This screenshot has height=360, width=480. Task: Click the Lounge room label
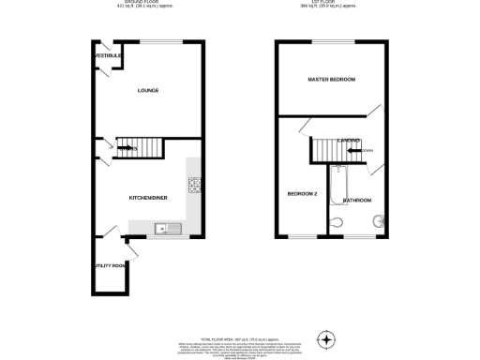[x=147, y=91]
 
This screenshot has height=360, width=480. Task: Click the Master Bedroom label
[x=332, y=80]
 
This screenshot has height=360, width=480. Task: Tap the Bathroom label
[x=357, y=201]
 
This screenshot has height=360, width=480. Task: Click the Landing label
[x=350, y=140]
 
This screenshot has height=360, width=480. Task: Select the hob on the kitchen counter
[x=196, y=186]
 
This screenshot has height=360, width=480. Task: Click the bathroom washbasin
[x=379, y=222]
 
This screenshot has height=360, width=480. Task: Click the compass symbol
[x=325, y=338]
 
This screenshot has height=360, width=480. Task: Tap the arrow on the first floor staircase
[x=355, y=150]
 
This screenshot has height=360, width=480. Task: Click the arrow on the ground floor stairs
[x=127, y=147]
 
